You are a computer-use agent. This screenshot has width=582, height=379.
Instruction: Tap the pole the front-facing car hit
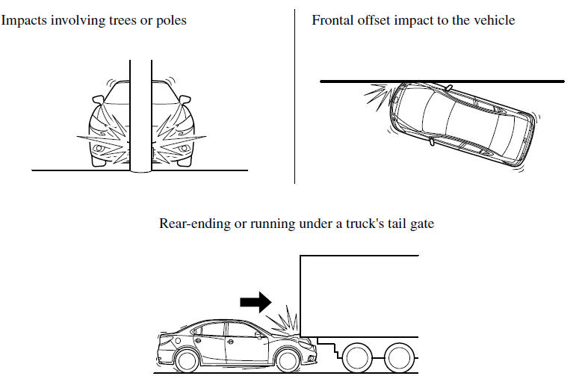140,112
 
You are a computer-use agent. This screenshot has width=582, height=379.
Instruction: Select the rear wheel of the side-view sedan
185,360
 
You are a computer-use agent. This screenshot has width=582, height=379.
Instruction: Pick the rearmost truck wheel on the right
402,357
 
